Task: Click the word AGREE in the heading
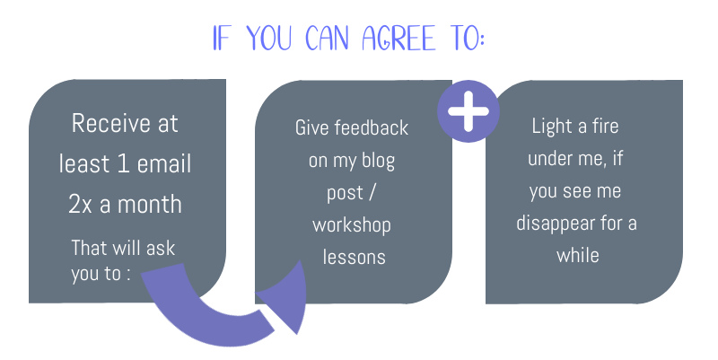click(x=398, y=38)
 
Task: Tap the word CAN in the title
click(x=327, y=38)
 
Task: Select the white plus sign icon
click(x=468, y=111)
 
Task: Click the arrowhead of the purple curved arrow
click(x=284, y=298)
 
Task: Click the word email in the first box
click(x=164, y=163)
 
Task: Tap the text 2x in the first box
click(x=80, y=205)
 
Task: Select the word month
click(x=150, y=205)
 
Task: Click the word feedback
click(x=372, y=127)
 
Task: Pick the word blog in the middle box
click(x=378, y=162)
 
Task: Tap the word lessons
click(x=354, y=257)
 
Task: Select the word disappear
click(x=556, y=224)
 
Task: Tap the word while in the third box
click(x=578, y=255)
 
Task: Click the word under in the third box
click(x=547, y=159)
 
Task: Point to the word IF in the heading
click(x=221, y=38)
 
